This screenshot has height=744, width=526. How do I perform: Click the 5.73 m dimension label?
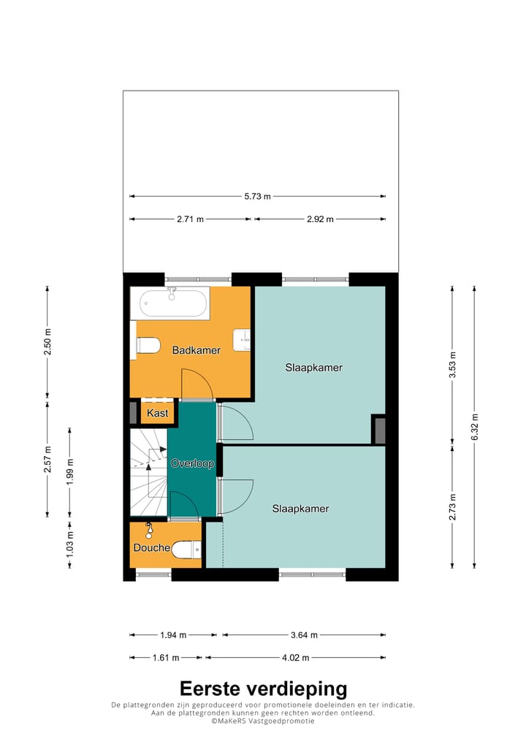coord(258,196)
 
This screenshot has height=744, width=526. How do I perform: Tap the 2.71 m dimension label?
coord(190,219)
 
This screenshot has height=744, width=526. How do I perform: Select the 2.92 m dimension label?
coord(320,219)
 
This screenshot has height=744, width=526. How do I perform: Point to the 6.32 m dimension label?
coord(475,427)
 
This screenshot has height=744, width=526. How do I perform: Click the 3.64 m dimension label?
coord(304,635)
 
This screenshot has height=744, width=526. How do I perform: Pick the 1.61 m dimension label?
coord(166,658)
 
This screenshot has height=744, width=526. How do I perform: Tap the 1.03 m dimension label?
coord(69,544)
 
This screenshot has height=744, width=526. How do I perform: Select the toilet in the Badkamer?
coord(148,345)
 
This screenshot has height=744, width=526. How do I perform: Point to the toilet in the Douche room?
coord(186,550)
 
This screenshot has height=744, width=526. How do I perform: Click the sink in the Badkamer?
coord(241,341)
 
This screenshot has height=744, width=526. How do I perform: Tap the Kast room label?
coord(158,413)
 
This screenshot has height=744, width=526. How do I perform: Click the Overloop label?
coord(193,463)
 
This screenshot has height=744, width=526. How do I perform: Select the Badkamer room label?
coord(197,351)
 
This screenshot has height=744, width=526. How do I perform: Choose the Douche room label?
coord(152,548)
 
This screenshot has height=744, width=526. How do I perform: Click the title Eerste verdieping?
coord(263,688)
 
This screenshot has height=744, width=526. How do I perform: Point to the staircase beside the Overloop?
coord(149,472)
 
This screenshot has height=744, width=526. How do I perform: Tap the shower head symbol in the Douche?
coord(149,530)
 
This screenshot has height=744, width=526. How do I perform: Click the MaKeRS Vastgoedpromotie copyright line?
coord(263,721)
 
